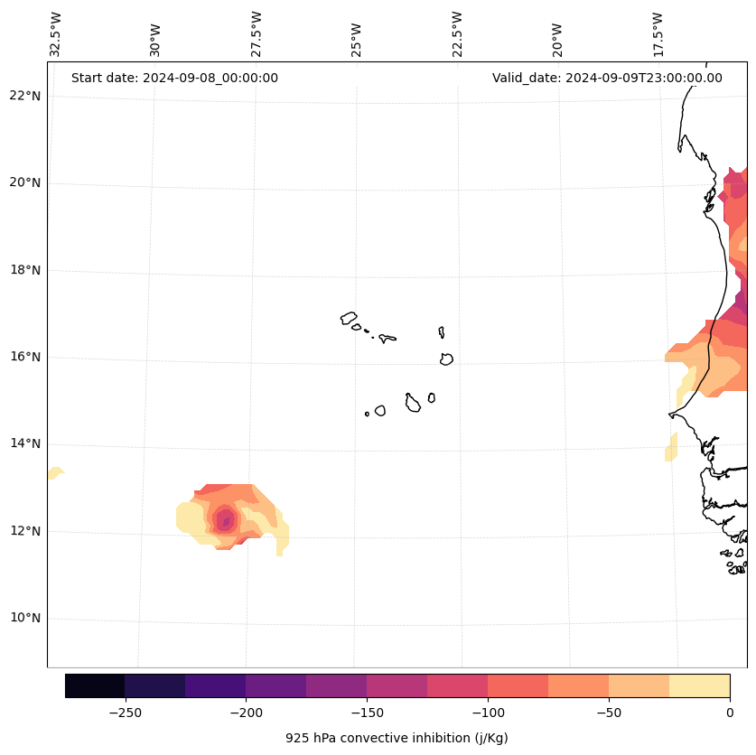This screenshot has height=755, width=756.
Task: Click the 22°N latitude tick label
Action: point(25,97)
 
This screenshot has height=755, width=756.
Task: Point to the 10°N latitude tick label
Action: point(25,619)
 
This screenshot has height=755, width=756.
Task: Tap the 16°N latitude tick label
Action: point(25,358)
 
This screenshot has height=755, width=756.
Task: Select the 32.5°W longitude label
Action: point(56,34)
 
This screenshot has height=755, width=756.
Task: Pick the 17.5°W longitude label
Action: point(658,34)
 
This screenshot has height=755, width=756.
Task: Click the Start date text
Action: point(174,78)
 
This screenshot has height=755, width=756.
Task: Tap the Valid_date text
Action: point(607,78)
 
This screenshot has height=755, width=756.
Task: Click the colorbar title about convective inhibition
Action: point(397,738)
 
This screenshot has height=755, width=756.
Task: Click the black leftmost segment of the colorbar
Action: point(95,685)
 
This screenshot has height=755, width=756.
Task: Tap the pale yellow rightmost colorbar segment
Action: point(699,685)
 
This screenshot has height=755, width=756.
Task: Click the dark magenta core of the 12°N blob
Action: point(225,521)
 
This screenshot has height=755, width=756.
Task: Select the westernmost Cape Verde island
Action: point(349,318)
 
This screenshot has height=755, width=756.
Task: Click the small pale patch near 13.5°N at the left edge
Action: point(55,472)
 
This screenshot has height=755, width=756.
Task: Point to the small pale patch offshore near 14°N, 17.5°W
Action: point(671,448)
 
